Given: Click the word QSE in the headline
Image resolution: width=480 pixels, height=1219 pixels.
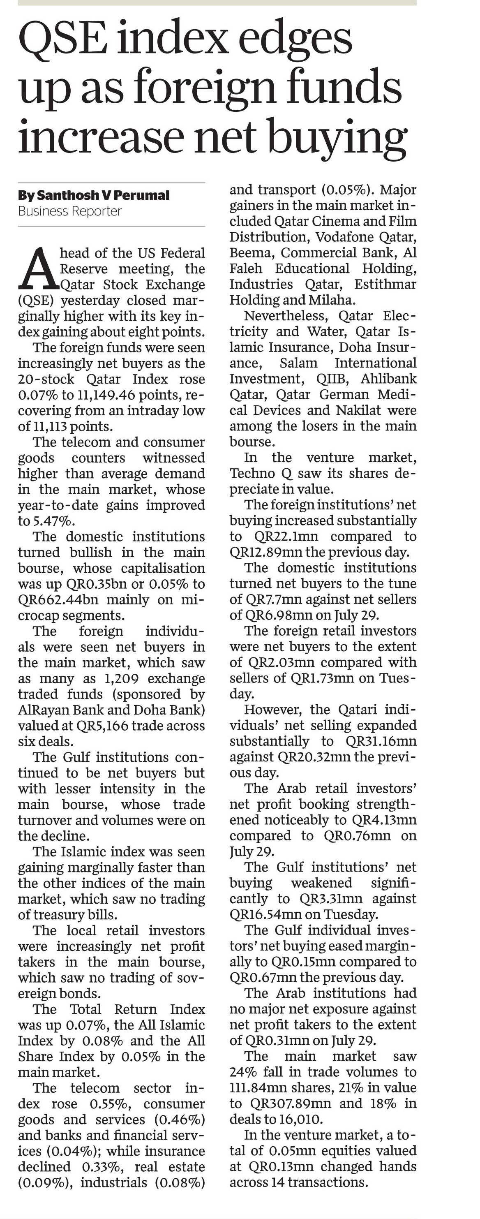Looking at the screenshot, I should [x=62, y=38].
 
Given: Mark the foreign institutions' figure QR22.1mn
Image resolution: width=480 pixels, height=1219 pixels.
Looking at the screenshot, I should [x=286, y=536].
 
